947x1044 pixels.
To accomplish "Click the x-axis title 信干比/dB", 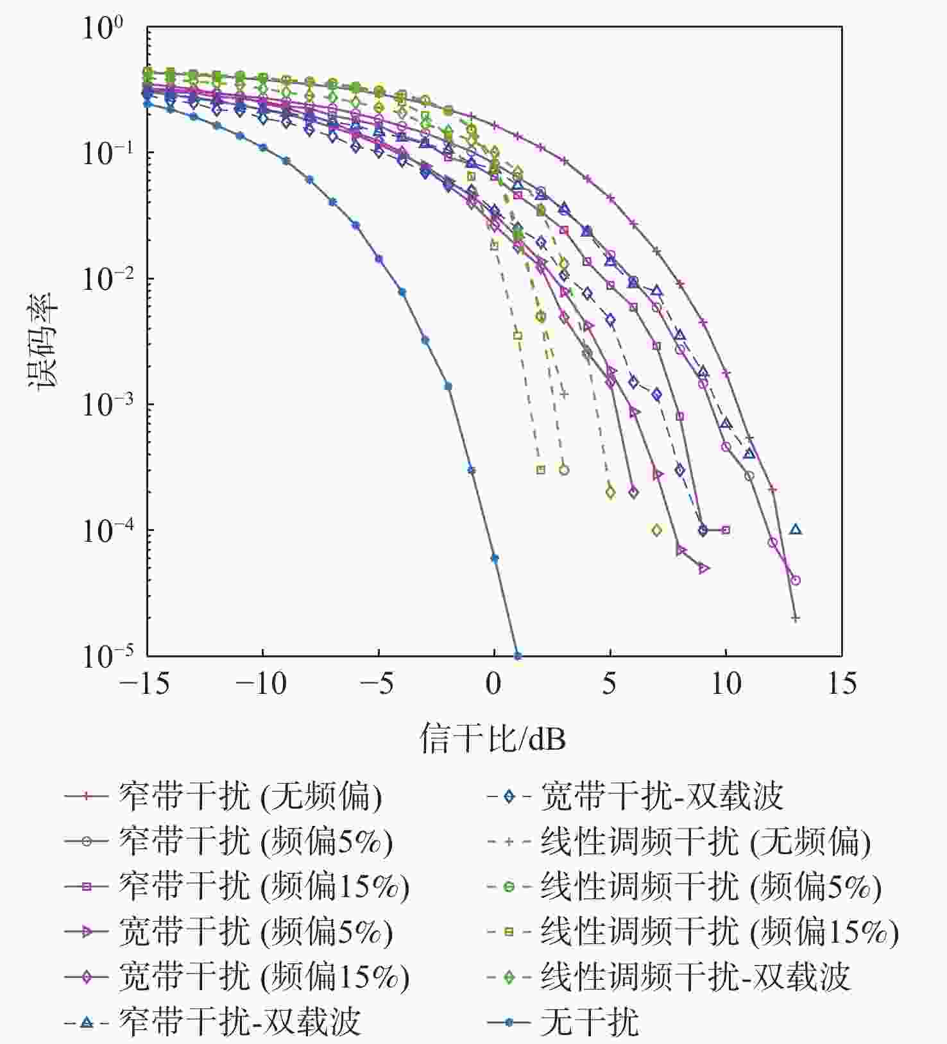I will point(493,739).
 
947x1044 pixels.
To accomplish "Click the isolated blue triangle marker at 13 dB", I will point(796,530).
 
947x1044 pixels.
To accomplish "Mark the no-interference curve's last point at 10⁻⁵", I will point(518,655).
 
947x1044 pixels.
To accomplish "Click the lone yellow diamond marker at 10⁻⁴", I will point(656,530).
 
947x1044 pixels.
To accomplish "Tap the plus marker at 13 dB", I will point(796,618).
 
